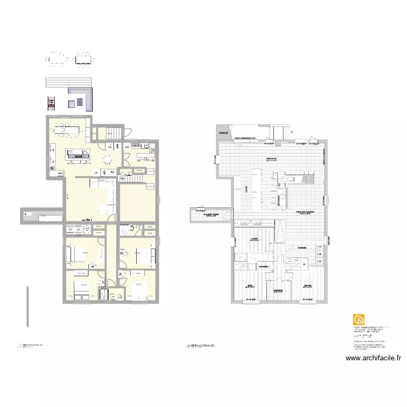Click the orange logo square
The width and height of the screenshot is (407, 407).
point(359,320)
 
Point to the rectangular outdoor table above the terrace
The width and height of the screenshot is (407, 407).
point(84,59)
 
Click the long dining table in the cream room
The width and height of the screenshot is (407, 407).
point(69,130)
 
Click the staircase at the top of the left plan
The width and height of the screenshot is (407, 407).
point(113,132)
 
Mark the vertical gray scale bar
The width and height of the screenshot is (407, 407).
point(27,307)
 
